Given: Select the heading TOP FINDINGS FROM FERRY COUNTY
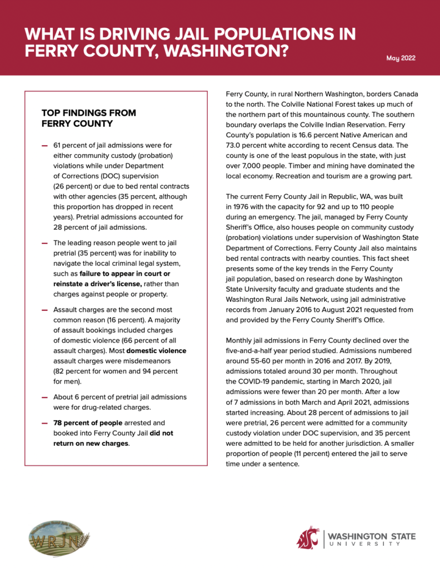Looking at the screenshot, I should (89, 118).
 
